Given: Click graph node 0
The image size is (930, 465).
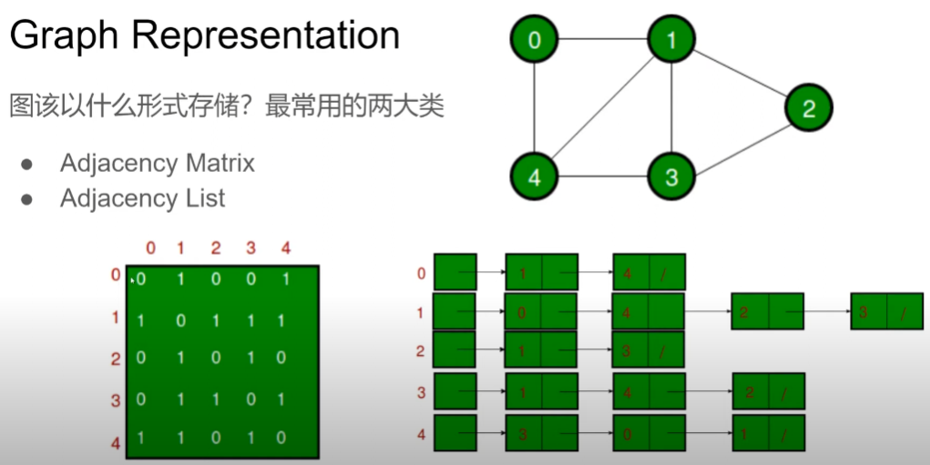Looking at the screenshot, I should click(x=534, y=40).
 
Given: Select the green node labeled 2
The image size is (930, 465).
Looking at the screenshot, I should click(x=808, y=109).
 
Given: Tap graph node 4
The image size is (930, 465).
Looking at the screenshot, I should click(x=534, y=177).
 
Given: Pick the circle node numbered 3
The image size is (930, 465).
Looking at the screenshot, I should click(x=671, y=177).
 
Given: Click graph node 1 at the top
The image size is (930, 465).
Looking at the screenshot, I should click(x=671, y=40).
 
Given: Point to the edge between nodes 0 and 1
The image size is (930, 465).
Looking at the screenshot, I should click(x=602, y=40).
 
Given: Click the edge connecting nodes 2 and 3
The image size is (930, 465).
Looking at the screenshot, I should click(x=740, y=144).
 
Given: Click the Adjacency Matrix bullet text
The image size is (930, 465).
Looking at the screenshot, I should click(x=157, y=164).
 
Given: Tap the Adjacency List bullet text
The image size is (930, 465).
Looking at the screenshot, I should click(x=142, y=198).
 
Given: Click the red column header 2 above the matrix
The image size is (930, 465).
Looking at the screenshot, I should click(x=215, y=248).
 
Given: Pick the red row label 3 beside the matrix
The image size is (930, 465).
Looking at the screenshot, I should click(x=116, y=399).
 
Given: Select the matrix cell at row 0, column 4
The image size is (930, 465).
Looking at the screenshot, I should click(x=285, y=279).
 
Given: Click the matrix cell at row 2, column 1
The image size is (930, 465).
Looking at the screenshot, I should click(x=180, y=359).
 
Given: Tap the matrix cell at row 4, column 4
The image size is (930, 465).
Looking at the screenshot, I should click(x=285, y=438).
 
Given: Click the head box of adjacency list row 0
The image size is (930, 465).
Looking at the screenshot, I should click(x=455, y=272).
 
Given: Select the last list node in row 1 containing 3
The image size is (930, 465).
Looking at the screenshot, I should click(x=886, y=311).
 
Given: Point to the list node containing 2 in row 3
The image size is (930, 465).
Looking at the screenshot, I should click(x=768, y=391).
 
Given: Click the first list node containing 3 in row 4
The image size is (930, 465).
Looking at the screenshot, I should click(x=541, y=433).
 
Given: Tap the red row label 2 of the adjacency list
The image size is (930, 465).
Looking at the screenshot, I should click(x=420, y=351).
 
